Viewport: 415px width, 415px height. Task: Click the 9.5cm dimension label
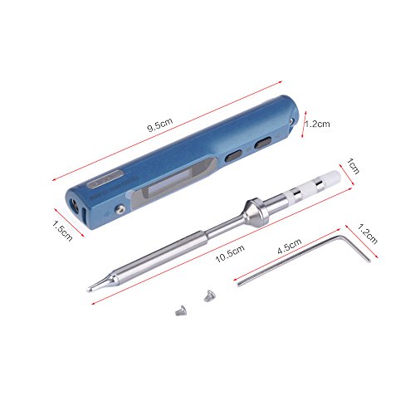pyautogui.click(x=159, y=124)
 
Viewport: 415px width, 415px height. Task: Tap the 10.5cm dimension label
pyautogui.click(x=230, y=253)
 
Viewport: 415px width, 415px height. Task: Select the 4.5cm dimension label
pyautogui.click(x=290, y=247)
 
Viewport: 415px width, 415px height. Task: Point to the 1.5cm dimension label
pyautogui.click(x=62, y=231)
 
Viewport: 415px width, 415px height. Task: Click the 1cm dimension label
pyautogui.click(x=354, y=166)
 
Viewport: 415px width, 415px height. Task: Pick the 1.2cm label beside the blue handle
pyautogui.click(x=317, y=124)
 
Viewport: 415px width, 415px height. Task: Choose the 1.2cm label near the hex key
pyautogui.click(x=368, y=234)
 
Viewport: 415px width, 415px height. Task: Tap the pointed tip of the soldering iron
pyautogui.click(x=89, y=290)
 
